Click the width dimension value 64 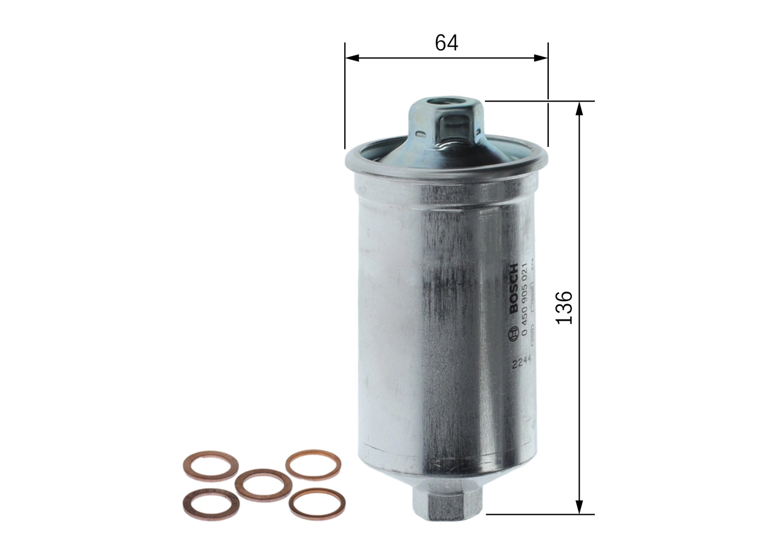pyautogui.click(x=446, y=42)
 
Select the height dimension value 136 pyautogui.click(x=565, y=307)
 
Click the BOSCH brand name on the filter pyautogui.click(x=514, y=288)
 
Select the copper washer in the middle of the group pyautogui.click(x=263, y=485)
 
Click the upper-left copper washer pyautogui.click(x=211, y=465)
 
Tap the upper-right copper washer pyautogui.click(x=313, y=465)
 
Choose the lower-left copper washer pyautogui.click(x=211, y=504)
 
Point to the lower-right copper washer pyautogui.click(x=317, y=504)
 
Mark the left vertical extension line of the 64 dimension pyautogui.click(x=344, y=97)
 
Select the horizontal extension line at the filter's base pyautogui.click(x=540, y=514)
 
